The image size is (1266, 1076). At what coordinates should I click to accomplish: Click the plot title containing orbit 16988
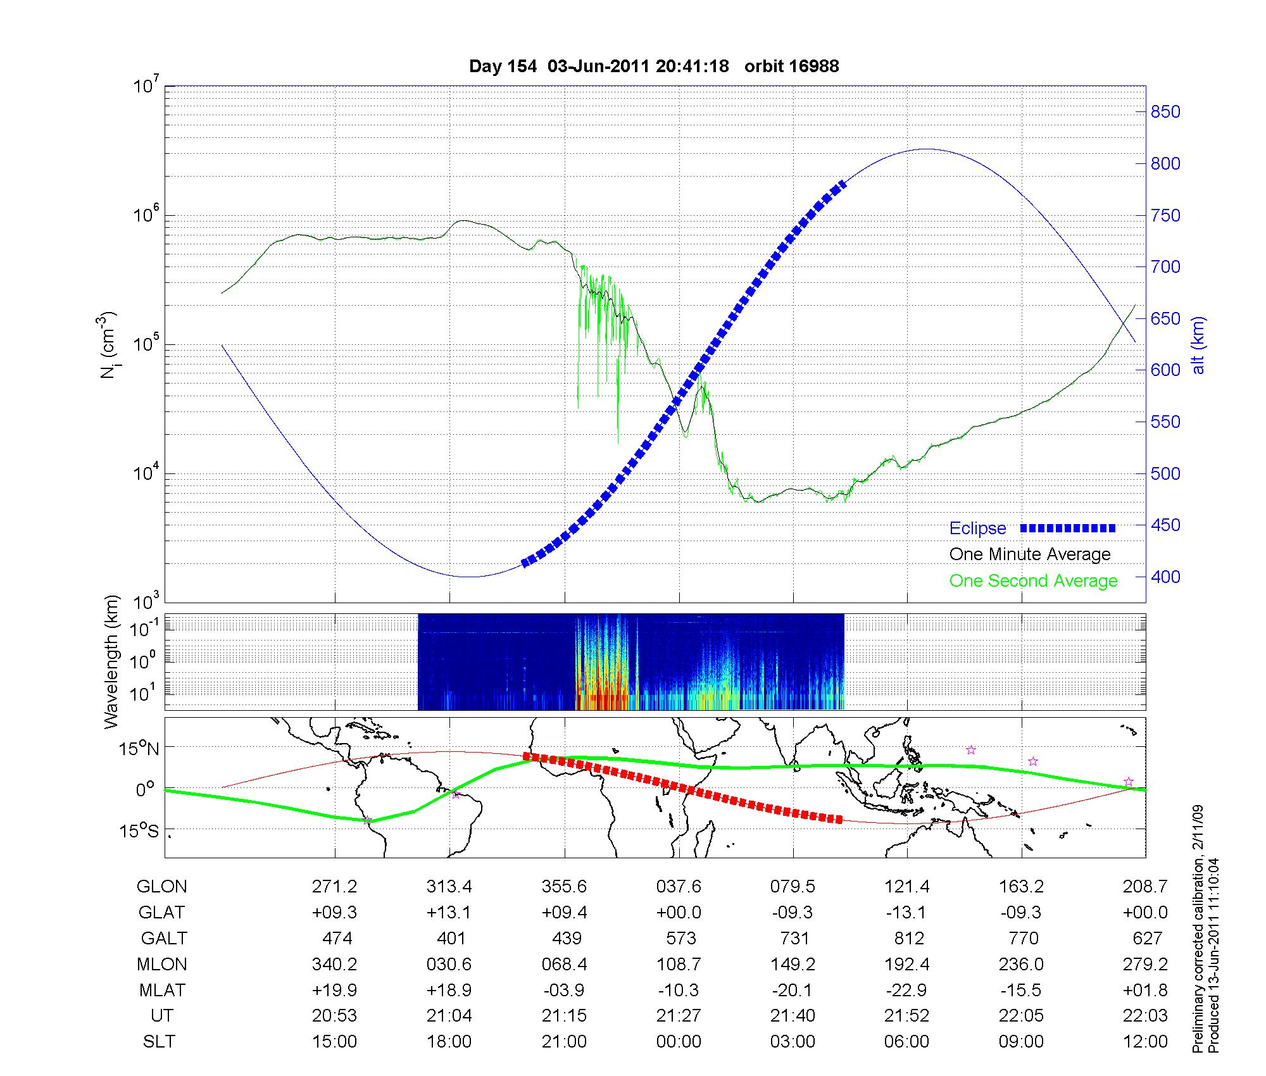pyautogui.click(x=654, y=66)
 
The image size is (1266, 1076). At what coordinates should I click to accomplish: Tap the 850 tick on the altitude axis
pyautogui.click(x=1165, y=112)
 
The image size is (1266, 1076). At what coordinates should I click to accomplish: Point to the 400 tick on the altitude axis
pyautogui.click(x=1165, y=577)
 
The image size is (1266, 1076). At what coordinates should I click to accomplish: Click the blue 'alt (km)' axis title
pyautogui.click(x=1198, y=346)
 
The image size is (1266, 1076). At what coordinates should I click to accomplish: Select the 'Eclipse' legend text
pyautogui.click(x=977, y=529)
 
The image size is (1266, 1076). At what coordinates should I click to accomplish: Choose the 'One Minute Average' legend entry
pyautogui.click(x=1030, y=554)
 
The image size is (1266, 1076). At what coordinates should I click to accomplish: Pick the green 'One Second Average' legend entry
pyautogui.click(x=1033, y=581)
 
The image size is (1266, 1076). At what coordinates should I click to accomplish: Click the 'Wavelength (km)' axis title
pyautogui.click(x=111, y=662)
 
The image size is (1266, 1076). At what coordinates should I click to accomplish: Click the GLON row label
pyautogui.click(x=161, y=887)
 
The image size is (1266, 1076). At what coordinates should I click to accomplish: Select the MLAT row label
pyautogui.click(x=161, y=990)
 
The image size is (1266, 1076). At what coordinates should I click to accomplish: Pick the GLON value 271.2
pyautogui.click(x=334, y=887)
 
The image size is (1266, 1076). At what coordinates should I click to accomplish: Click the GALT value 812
pyautogui.click(x=908, y=938)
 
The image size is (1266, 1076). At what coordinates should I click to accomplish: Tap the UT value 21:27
pyautogui.click(x=679, y=1016)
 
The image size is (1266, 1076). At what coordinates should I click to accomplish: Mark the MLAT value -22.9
pyautogui.click(x=907, y=990)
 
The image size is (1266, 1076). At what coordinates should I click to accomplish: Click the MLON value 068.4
pyautogui.click(x=564, y=964)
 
